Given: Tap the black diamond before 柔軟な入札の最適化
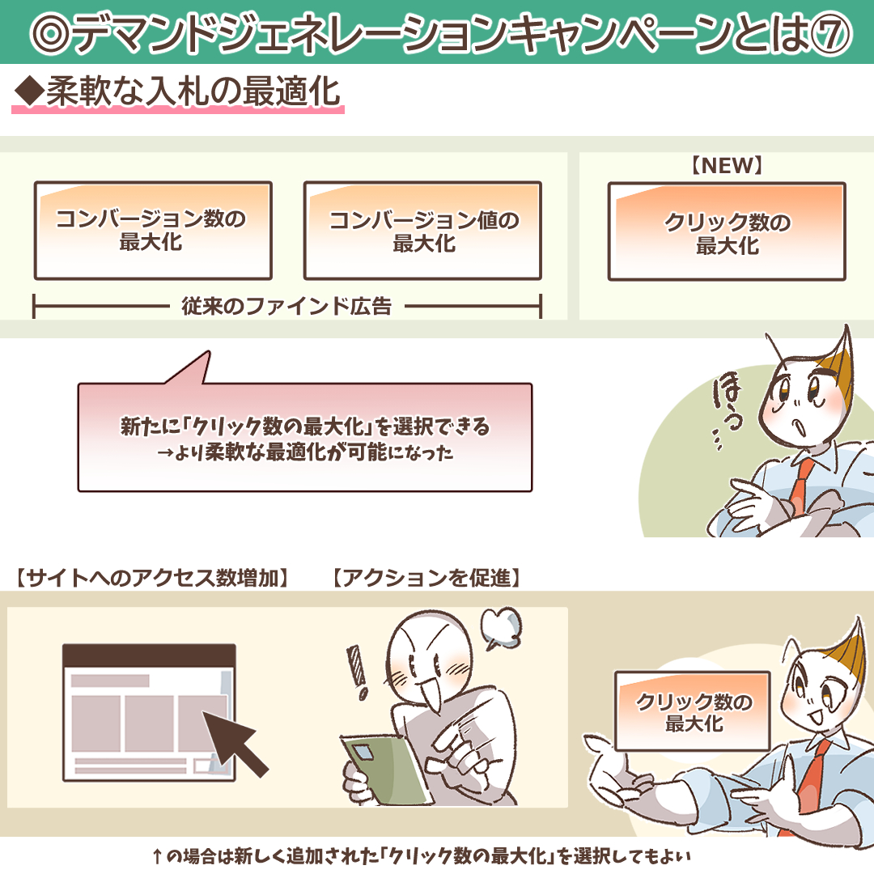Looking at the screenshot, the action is pos(29,91).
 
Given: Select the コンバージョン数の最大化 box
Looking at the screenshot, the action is pos(153,230).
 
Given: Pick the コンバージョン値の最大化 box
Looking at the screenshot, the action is pos(422,230).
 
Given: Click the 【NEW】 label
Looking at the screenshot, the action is pos(727,166).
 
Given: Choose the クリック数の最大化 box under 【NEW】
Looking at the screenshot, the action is pos(727,231).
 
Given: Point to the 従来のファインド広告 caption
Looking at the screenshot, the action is pos(286,306).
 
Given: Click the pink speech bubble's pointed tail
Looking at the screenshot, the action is pos(207,354).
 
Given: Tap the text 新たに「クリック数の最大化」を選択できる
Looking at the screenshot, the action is pos(305,426).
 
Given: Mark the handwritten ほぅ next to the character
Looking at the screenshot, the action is pos(727,401).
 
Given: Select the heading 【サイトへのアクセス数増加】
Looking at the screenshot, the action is pos(152,578).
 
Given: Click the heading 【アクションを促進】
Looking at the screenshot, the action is pos(426,578).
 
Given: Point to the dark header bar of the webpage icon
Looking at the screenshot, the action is pos(149,655).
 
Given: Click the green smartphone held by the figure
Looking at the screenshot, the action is pos(384,770).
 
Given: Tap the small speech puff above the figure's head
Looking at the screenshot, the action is pos(501,627).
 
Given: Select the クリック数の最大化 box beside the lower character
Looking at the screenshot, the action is pos(692,711).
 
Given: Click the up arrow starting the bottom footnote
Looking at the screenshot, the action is pos(157,856).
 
